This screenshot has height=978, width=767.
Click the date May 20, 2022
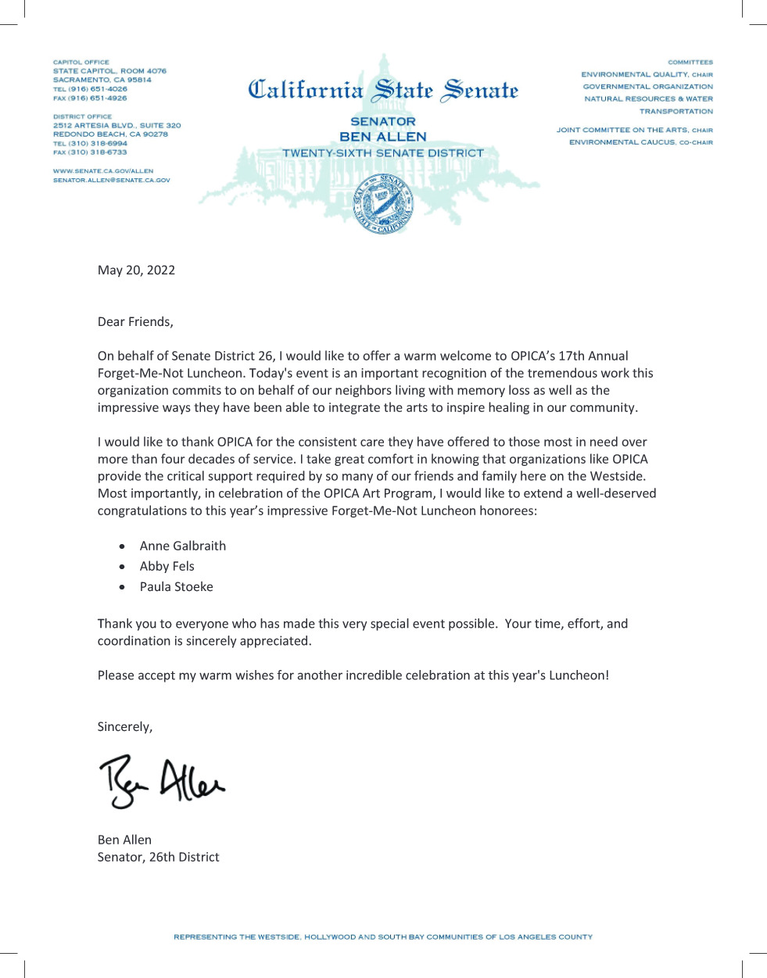pos(136,270)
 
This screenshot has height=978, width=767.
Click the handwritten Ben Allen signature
pos(161,779)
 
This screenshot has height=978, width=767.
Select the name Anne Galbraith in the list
pos(182,546)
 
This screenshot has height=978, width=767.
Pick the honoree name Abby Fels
pos(167,566)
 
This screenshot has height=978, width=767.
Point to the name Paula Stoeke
pos(176,586)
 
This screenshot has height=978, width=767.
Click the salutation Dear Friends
pos(135,322)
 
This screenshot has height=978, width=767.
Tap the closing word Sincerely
pos(124,727)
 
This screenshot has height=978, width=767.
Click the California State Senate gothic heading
pos(383,91)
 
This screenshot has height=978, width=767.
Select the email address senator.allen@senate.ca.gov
pos(111,180)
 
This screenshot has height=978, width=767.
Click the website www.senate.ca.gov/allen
pos(103,170)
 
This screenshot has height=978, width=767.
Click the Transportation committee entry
pos(676,111)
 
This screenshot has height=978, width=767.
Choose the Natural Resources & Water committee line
pos(648,99)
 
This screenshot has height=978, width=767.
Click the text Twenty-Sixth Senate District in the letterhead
pos(383,153)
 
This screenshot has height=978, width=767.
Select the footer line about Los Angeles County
pos(383,937)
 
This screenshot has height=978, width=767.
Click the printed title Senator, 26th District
pos(158,857)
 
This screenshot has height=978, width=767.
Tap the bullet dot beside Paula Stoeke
pos(122,587)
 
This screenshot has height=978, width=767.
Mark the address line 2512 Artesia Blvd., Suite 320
pos(116,125)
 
